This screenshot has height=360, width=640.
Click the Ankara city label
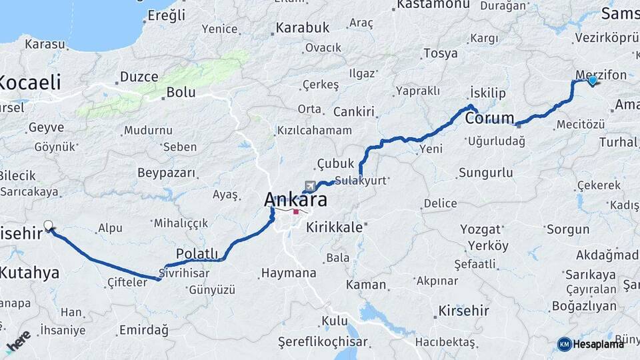click(x=295, y=199)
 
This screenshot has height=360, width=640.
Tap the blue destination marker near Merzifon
click(x=593, y=81)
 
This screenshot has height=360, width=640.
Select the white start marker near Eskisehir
click(x=48, y=225)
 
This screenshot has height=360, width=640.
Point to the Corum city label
click(x=490, y=119)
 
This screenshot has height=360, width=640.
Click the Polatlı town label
click(x=197, y=253)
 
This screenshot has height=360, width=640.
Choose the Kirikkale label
click(x=334, y=227)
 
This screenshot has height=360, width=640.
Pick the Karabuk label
click(x=303, y=28)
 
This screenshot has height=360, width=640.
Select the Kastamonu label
click(x=433, y=5)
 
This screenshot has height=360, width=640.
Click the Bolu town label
click(x=181, y=92)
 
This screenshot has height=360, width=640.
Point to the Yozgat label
click(x=480, y=229)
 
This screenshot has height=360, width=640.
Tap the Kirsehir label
click(x=463, y=311)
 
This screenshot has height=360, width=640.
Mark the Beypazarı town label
click(x=167, y=173)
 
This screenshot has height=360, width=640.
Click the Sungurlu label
click(x=486, y=173)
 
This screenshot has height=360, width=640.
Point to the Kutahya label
click(x=29, y=272)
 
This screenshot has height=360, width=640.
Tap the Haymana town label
click(x=289, y=273)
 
